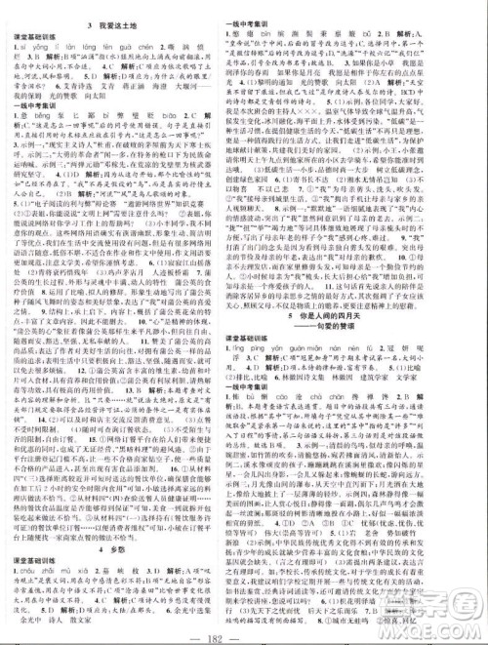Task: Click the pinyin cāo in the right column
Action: (314, 423)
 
